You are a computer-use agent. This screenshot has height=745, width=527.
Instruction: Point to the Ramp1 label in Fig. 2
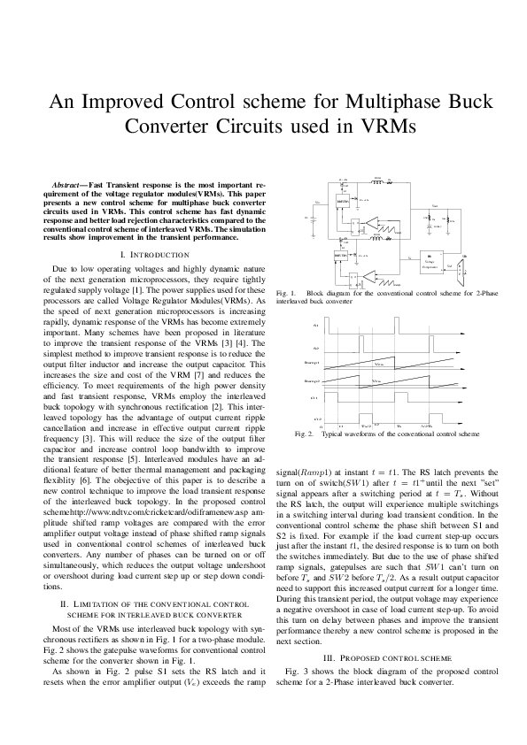coord(312,363)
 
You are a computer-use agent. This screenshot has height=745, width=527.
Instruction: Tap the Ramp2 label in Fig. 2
coord(312,381)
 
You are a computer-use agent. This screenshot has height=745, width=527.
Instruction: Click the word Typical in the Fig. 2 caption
coord(334,434)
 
